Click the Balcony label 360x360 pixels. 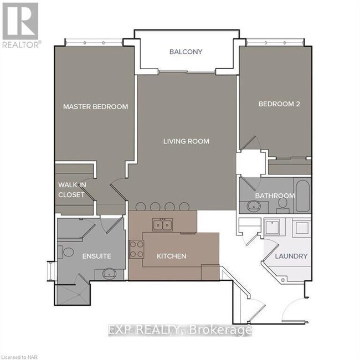(186, 52)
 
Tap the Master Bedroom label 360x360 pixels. (95, 106)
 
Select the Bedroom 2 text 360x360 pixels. (279, 103)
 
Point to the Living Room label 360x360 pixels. (186, 141)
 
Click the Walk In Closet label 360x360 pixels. (71, 190)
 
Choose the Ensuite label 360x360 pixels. (97, 256)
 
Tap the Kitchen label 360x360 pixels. (171, 256)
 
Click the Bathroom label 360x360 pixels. (275, 196)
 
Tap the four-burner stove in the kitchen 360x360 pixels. (136, 248)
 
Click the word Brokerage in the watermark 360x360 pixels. (221, 331)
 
